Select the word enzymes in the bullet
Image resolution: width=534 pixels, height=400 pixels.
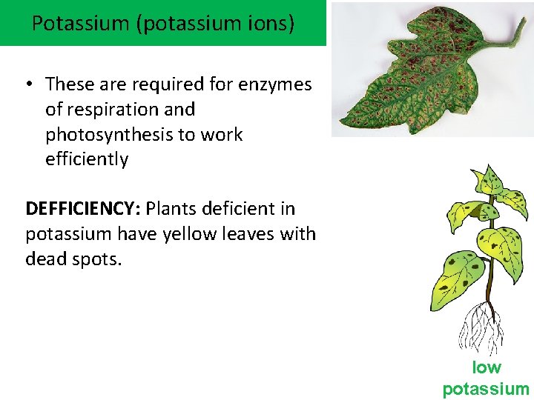click(x=275, y=84)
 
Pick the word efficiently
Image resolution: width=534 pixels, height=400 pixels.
click(x=87, y=159)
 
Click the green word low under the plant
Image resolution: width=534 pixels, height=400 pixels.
click(x=487, y=367)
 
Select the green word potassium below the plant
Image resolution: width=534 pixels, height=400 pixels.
click(x=487, y=389)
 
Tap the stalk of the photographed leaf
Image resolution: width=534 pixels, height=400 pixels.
click(x=512, y=37)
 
